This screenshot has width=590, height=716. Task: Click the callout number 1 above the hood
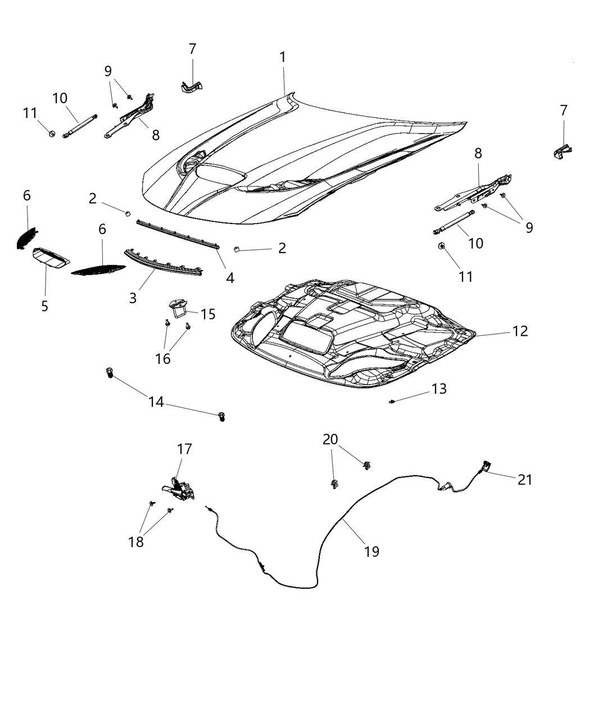283,57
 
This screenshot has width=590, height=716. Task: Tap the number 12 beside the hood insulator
520,331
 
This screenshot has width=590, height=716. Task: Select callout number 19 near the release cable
371,551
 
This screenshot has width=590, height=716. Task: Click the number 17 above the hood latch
184,449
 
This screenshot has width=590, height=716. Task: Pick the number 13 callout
439,389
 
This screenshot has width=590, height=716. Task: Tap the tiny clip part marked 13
392,401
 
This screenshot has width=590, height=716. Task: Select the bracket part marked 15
178,308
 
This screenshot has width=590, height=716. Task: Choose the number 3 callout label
133,298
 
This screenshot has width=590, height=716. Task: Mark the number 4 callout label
230,277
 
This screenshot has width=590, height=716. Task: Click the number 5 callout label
44,306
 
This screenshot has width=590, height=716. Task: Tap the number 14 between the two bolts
156,402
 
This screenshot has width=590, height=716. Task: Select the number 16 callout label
162,358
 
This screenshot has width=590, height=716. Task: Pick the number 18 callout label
136,541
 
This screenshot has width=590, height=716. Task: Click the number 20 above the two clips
330,439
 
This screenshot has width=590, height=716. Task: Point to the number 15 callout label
208,314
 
